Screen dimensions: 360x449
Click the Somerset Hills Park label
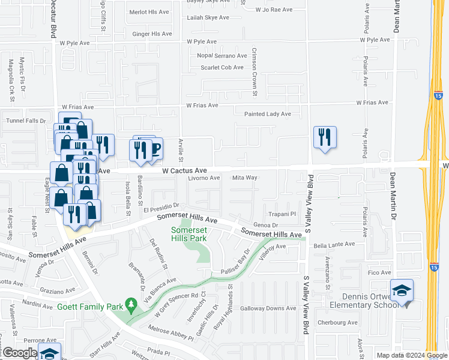[189, 234]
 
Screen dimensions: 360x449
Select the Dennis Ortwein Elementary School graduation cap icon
[402, 291]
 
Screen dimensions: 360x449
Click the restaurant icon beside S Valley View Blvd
[325, 137]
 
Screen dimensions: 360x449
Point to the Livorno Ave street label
[206, 178]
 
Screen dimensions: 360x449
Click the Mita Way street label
[244, 178]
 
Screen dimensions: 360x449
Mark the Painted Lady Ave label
[267, 114]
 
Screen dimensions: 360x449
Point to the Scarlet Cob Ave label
[222, 67]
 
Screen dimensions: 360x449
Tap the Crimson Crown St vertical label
[255, 72]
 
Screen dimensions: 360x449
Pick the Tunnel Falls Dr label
[26, 121]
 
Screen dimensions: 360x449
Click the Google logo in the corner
[19, 353]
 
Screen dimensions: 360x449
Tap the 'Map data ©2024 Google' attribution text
[411, 355]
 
